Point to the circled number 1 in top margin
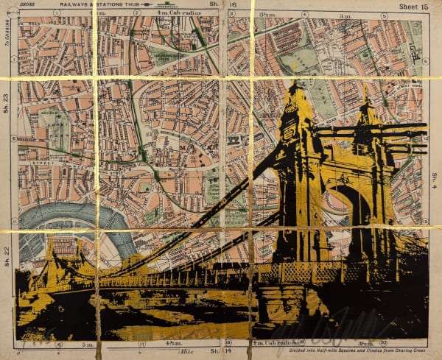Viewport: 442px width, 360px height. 56,13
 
